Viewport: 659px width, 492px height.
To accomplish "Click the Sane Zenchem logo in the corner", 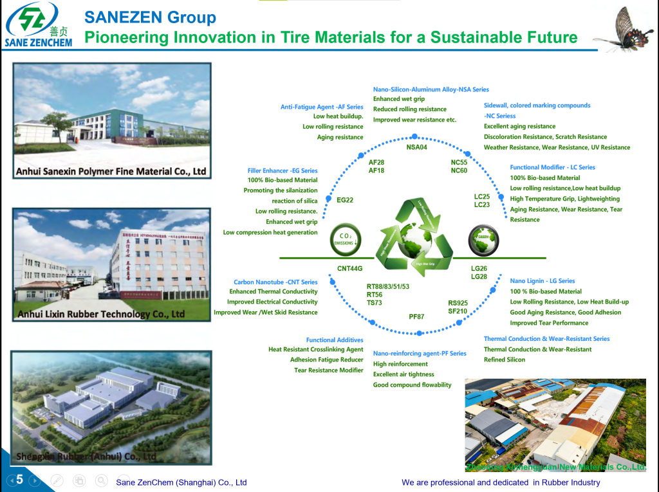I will coord(39,25).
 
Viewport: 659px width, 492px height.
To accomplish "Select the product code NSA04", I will coord(416,147).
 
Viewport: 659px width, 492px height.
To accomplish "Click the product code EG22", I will coord(345,200).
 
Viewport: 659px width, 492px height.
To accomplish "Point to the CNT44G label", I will coord(350,268).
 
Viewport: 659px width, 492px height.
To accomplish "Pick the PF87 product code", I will coord(416,316).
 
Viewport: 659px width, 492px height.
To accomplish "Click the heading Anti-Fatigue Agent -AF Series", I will coord(322,107).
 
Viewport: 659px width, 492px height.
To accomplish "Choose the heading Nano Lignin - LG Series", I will coord(543,281).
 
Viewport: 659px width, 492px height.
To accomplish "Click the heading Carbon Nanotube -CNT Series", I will coord(275,282).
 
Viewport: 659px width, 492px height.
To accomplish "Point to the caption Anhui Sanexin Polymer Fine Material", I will coord(111,172).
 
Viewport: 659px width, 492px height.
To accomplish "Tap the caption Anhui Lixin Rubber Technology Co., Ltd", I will coord(101,314).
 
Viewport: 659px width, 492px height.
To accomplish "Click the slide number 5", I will coord(19,479).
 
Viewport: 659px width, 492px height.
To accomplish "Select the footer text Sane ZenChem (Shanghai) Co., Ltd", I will coord(181,482).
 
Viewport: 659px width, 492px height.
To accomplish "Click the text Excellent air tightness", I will coord(404,374).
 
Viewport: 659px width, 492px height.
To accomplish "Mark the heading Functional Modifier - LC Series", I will coord(552,167).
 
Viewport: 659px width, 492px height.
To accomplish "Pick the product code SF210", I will coord(458,311).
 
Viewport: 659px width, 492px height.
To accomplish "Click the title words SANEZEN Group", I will coord(151,17).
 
